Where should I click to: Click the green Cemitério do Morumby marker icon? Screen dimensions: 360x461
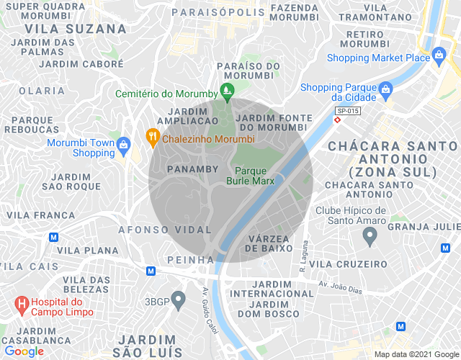228,93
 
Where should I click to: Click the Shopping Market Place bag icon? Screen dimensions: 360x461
439,58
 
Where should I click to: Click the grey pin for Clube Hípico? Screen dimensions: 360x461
370,235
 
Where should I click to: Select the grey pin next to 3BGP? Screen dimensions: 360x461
180,300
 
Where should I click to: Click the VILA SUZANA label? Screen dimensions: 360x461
75,29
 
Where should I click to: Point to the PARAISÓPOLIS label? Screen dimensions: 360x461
218,12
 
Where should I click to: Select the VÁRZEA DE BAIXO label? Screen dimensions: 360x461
269,243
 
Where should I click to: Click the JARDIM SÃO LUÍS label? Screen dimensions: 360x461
151,346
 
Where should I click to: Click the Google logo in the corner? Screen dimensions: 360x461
24,351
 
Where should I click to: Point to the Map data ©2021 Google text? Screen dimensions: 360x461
416,354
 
